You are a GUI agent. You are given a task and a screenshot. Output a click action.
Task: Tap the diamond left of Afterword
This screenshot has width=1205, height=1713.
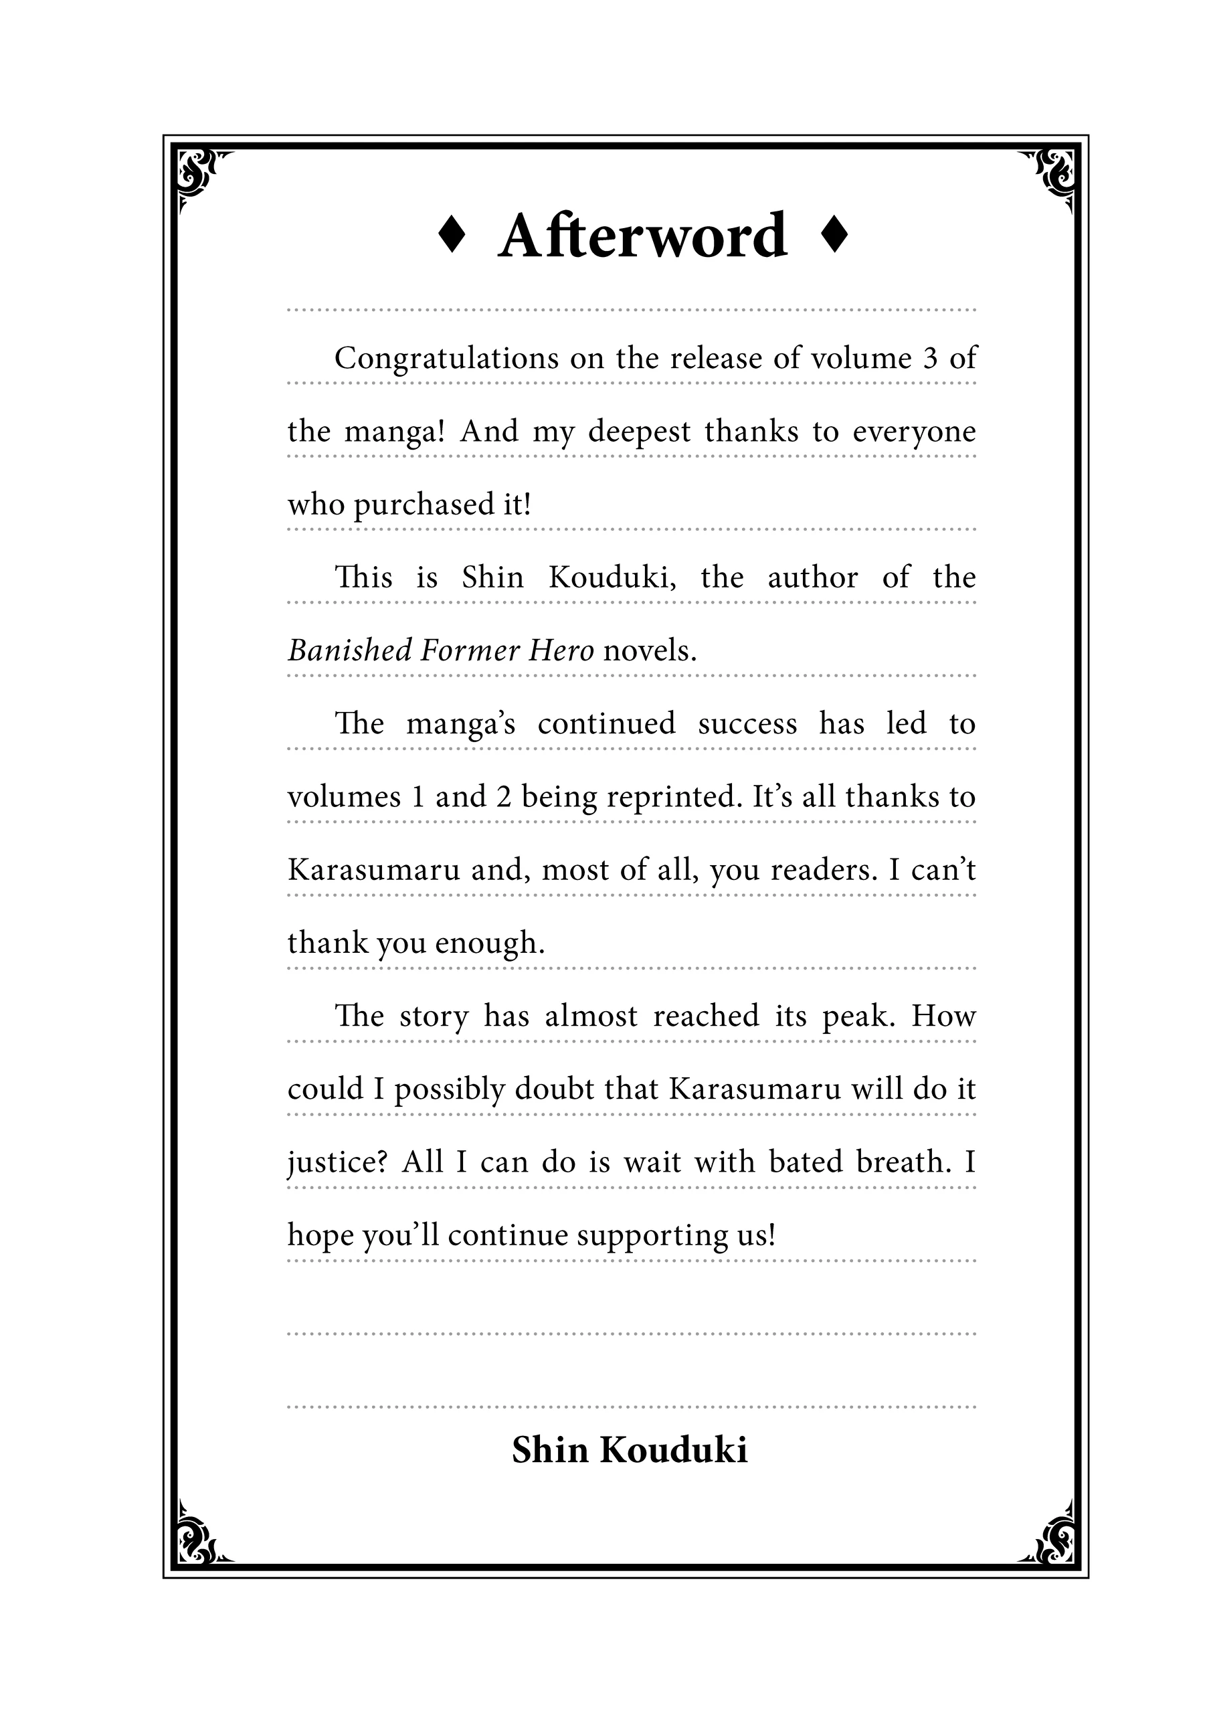[x=452, y=236]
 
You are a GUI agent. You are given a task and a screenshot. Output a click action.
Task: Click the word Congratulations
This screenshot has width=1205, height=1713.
[x=446, y=359]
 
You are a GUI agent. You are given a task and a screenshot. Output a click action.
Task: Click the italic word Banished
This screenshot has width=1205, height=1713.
[x=349, y=651]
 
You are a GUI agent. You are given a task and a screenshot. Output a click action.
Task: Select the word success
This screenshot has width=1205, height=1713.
[x=747, y=725]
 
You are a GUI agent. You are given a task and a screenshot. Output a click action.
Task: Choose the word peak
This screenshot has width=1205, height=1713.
[x=858, y=1016]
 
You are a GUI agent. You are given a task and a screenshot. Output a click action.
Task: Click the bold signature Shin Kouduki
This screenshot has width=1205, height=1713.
[x=629, y=1451]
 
